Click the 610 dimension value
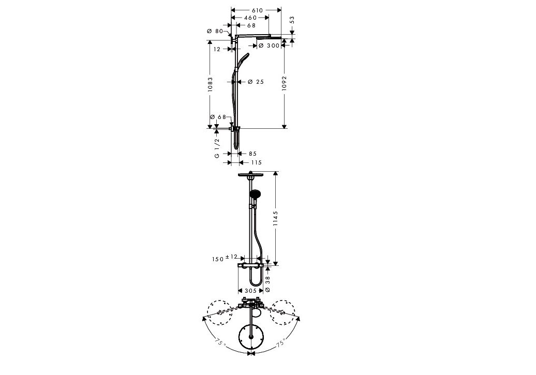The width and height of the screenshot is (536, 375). click(x=257, y=10)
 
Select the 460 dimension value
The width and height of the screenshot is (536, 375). click(x=250, y=18)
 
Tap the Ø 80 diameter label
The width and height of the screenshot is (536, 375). click(x=214, y=32)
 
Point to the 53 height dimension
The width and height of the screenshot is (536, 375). click(x=292, y=20)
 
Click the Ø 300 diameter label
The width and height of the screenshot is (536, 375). click(x=269, y=46)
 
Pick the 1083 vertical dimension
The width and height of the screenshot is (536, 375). click(x=210, y=85)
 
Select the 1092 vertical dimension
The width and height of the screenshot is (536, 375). click(x=284, y=84)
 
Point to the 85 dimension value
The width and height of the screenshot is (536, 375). click(x=252, y=154)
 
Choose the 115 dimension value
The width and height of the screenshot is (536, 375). click(x=256, y=163)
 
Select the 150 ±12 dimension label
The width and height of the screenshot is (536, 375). click(x=224, y=257)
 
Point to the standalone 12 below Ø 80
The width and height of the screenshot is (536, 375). click(x=217, y=49)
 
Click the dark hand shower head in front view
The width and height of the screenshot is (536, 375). click(x=255, y=195)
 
